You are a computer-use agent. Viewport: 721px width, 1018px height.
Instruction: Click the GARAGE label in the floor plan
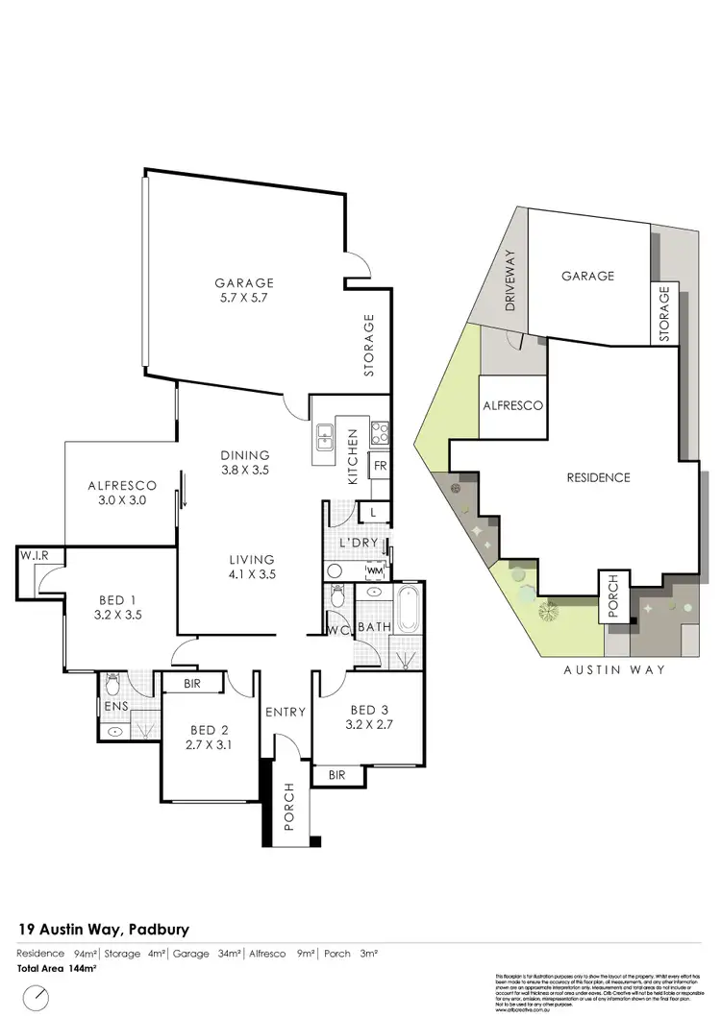[x=244, y=283]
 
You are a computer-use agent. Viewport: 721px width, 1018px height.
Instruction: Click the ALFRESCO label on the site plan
[x=511, y=406]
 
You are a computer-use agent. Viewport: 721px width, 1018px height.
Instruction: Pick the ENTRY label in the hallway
[x=286, y=713]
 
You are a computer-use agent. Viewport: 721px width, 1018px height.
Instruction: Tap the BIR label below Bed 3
[x=336, y=774]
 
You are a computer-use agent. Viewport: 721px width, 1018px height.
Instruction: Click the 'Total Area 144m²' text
[x=57, y=969]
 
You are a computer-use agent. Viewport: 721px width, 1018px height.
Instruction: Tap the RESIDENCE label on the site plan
[x=598, y=477]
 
